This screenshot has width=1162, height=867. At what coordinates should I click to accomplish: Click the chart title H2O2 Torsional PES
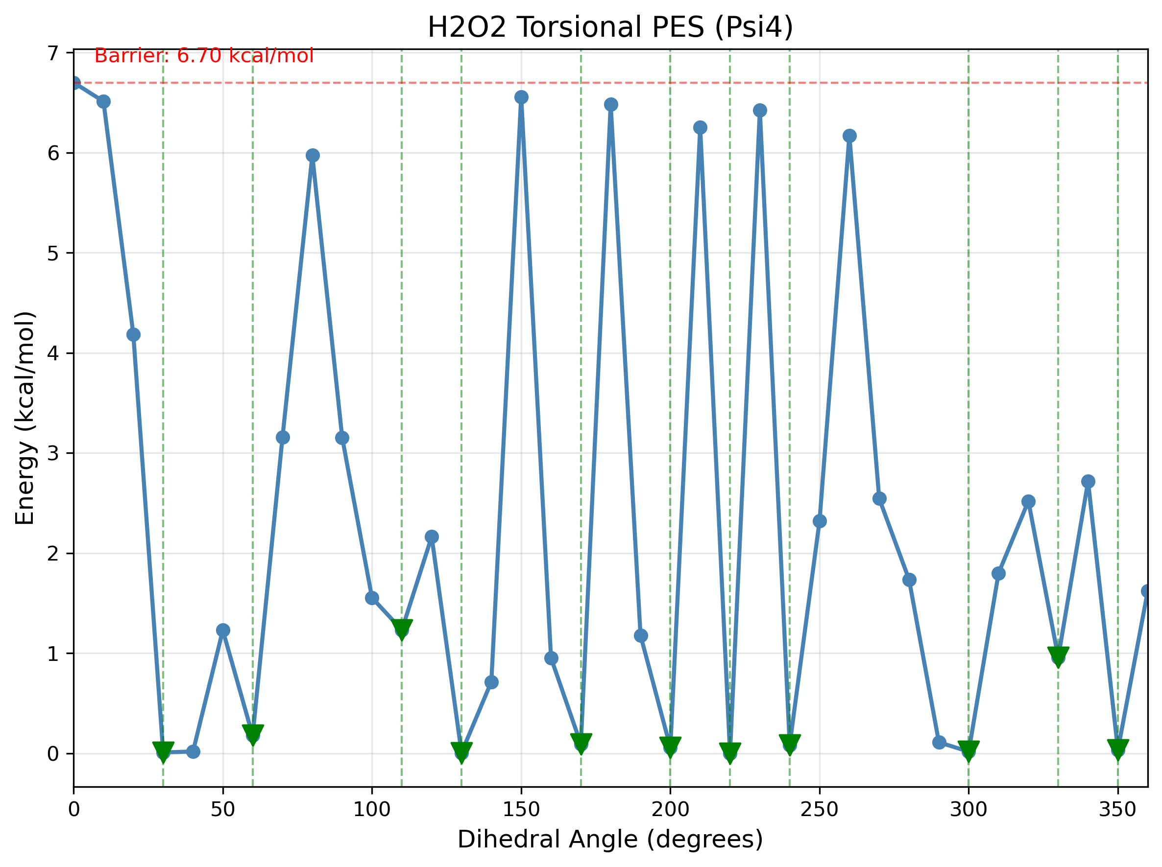point(609,27)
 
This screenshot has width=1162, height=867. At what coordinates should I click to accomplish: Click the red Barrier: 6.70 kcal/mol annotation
point(204,56)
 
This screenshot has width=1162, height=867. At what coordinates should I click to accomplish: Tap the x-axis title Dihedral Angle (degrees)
point(609,839)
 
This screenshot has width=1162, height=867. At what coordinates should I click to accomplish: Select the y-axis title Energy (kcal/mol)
point(24,418)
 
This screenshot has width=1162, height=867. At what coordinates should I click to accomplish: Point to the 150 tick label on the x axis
point(521,810)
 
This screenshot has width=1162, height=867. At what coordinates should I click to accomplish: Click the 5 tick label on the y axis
point(52,254)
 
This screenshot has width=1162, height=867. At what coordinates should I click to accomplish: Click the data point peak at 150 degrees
point(521,97)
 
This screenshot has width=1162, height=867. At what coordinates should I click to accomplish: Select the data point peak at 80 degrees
point(313,155)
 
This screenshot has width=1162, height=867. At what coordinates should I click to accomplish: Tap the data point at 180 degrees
point(611,104)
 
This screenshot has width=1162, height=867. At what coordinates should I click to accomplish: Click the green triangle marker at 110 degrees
point(402,627)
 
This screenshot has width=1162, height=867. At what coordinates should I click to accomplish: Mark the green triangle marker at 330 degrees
point(1058,655)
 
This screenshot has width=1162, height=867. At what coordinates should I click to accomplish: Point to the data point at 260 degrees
point(849,136)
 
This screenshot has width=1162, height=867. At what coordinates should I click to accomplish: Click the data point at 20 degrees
point(133,335)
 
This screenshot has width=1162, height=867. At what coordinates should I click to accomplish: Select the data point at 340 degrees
point(1088,481)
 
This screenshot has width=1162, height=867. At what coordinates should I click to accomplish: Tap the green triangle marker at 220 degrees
point(730,751)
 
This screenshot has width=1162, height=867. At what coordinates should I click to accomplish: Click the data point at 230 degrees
point(760,110)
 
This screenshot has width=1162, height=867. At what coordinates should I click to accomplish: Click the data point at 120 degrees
point(432,537)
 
